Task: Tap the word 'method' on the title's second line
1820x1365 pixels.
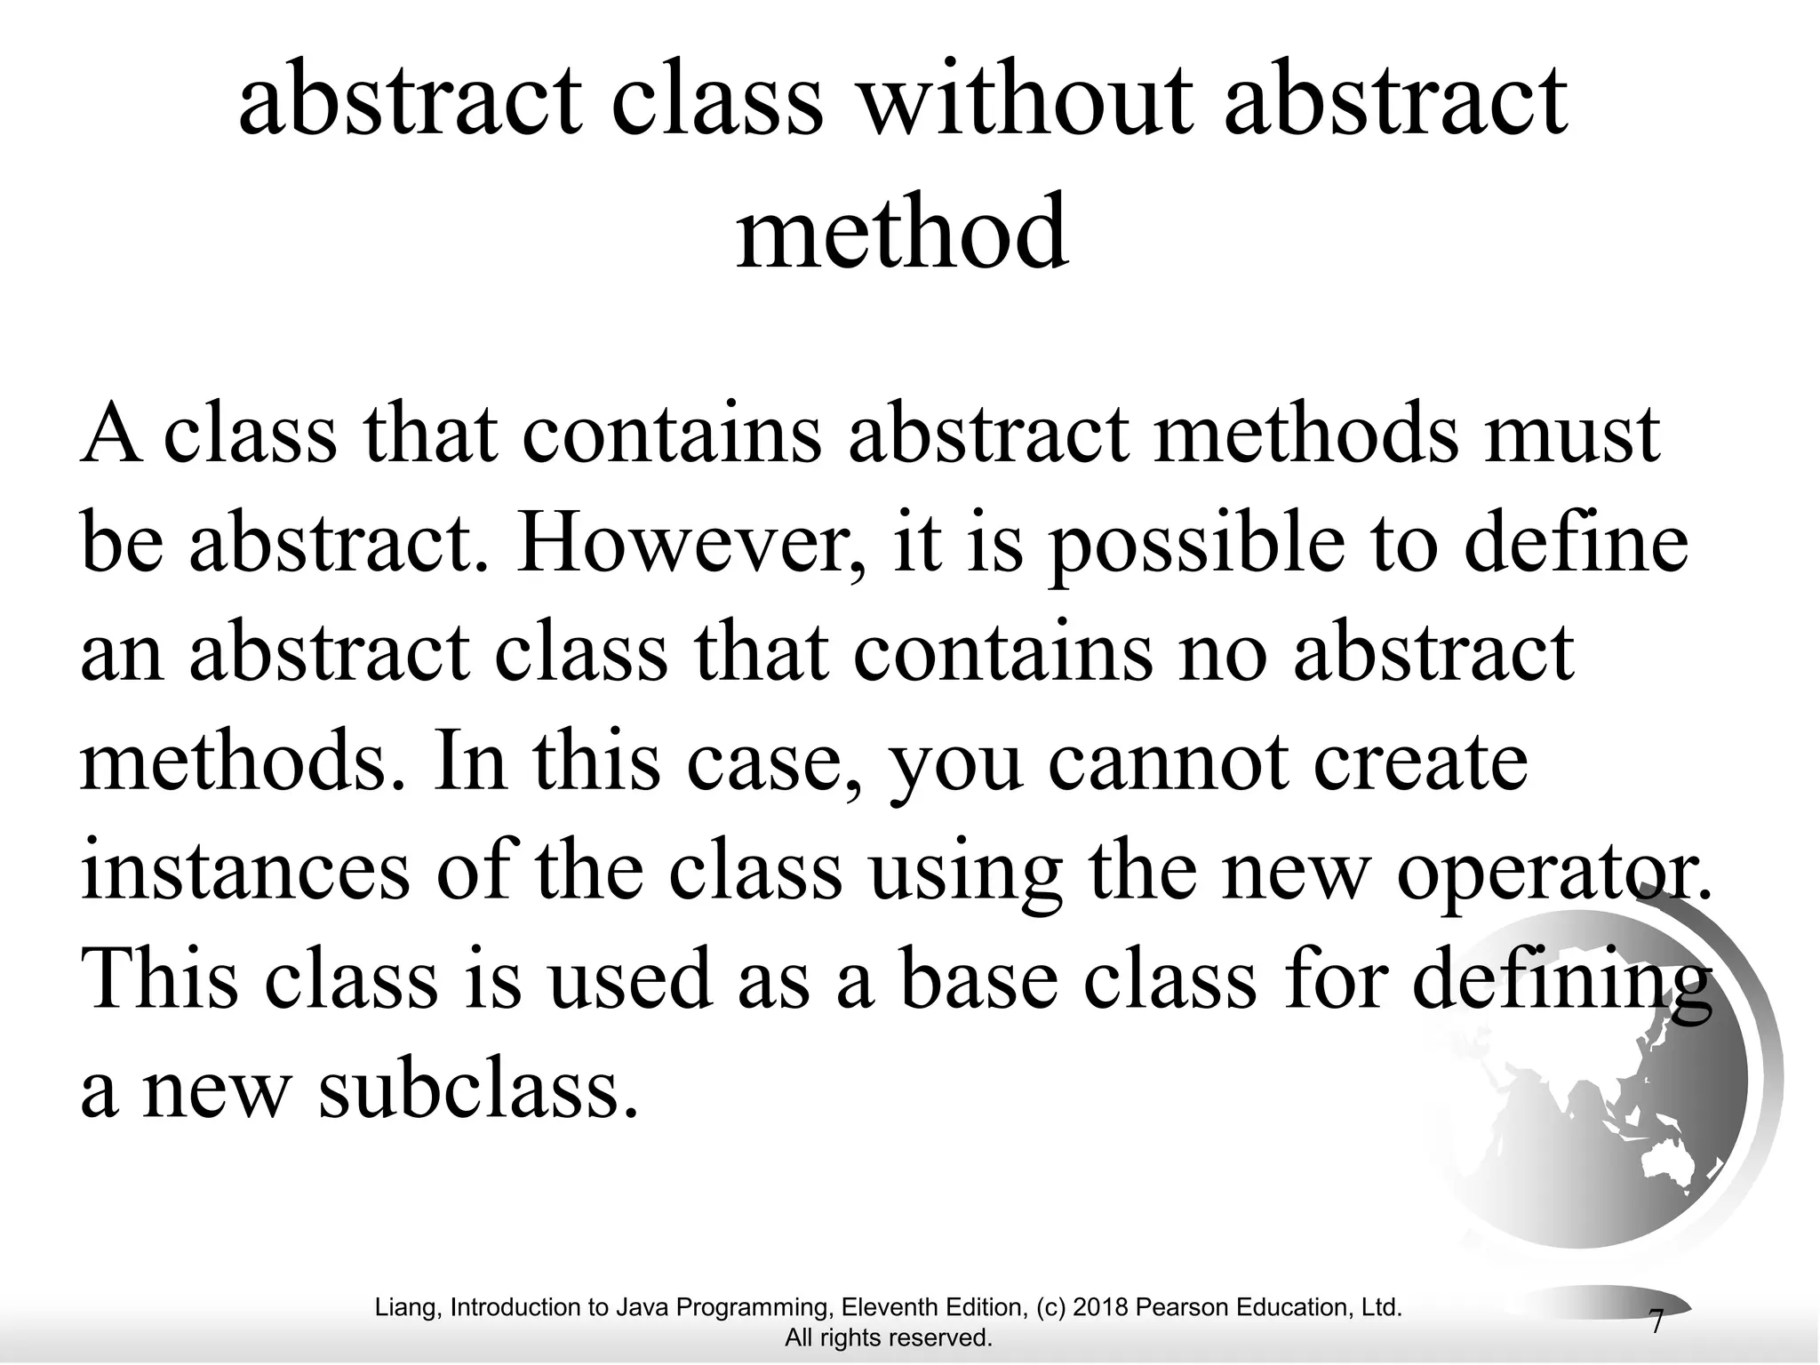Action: (901, 233)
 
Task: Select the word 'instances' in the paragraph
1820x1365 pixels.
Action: (245, 871)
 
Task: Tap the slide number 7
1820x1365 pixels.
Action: (1656, 1322)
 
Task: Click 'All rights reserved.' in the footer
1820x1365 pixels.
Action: (889, 1337)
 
